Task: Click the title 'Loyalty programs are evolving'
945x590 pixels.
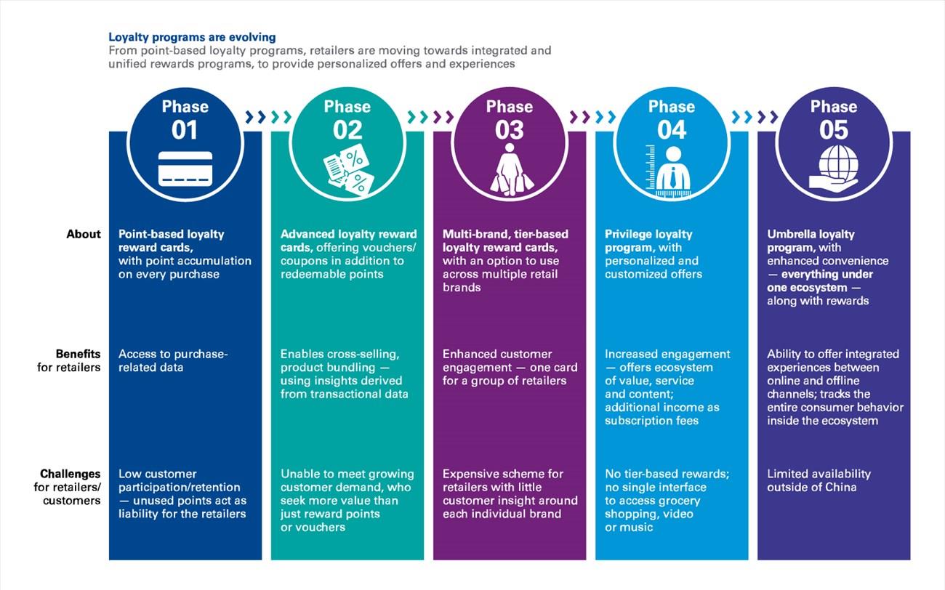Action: pos(192,38)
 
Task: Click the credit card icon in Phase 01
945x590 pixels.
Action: pos(185,169)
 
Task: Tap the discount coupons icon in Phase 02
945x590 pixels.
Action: pos(348,169)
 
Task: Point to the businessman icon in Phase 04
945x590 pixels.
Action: pos(670,171)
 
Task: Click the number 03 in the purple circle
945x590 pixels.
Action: pos(509,130)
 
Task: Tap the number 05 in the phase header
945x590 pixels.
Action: pos(834,130)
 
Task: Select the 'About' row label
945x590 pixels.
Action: pos(84,234)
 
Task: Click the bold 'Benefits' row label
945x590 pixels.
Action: pos(78,354)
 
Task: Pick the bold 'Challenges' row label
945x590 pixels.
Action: pos(71,474)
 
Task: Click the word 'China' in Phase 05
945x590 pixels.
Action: pos(841,487)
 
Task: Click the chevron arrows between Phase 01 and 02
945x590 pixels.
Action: pos(269,117)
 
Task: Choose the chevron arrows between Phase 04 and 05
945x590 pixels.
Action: pos(755,117)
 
